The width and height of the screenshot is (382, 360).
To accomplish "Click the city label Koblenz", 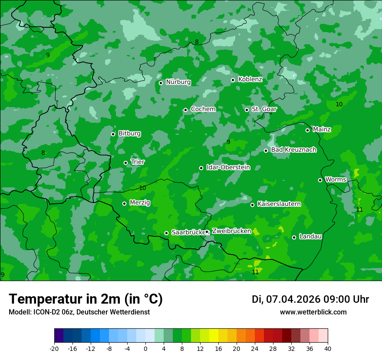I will click(250, 79).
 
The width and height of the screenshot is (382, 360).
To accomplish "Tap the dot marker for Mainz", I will click(307, 130).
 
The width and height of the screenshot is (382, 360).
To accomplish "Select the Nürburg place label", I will click(178, 82).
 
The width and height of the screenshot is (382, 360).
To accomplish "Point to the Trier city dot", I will click(126, 163).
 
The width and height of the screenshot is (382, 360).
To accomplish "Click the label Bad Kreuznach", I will click(293, 150).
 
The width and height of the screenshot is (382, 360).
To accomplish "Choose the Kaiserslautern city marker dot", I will click(252, 205).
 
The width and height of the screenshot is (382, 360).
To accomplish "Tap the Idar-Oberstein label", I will click(228, 167).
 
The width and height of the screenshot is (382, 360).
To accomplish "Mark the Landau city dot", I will click(294, 237).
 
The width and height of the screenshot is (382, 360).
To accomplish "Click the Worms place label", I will click(336, 180).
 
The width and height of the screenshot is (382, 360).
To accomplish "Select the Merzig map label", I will click(140, 203).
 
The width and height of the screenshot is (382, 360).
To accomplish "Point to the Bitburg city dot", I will click(113, 134).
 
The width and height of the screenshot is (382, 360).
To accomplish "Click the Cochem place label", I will click(203, 109).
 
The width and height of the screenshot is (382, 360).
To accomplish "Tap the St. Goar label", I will click(264, 109).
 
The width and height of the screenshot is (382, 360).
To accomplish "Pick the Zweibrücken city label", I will click(231, 231).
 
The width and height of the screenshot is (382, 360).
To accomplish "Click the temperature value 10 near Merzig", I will click(142, 188).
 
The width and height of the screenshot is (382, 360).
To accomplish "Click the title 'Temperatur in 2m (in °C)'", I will click(86, 299).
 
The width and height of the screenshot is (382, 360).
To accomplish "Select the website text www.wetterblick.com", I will click(313, 312).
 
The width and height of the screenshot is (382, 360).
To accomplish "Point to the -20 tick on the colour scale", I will click(54, 348).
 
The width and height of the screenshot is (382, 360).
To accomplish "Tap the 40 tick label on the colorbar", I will click(328, 348).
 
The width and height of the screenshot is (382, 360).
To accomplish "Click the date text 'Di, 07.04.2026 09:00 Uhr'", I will click(310, 299).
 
